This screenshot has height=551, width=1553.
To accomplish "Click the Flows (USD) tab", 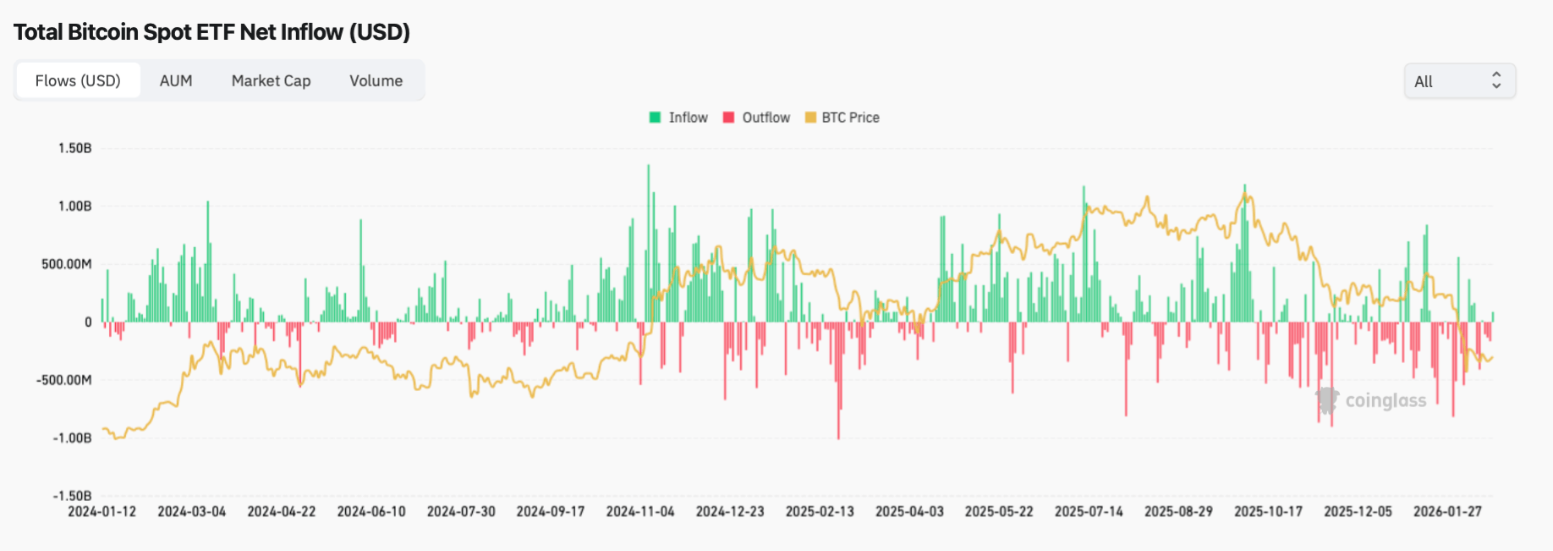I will pyautogui.click(x=78, y=81).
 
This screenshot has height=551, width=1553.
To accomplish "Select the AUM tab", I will pyautogui.click(x=176, y=81).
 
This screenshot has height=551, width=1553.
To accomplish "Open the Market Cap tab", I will pyautogui.click(x=271, y=81).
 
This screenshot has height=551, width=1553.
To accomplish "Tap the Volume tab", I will pyautogui.click(x=376, y=81).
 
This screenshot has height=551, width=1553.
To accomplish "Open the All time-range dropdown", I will pyautogui.click(x=1459, y=81).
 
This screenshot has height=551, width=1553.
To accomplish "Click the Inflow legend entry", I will pyautogui.click(x=678, y=118).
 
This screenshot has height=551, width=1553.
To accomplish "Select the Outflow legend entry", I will pyautogui.click(x=756, y=118).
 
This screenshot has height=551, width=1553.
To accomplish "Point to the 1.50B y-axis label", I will pyautogui.click(x=74, y=148).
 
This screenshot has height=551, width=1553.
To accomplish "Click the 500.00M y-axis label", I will pyautogui.click(x=67, y=264).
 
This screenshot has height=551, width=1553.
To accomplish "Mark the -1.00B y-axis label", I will pyautogui.click(x=72, y=438).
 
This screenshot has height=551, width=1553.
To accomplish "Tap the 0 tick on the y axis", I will pyautogui.click(x=88, y=322).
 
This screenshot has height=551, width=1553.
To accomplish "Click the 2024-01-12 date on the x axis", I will pyautogui.click(x=102, y=512).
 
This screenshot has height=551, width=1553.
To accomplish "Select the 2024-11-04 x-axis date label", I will pyautogui.click(x=640, y=512).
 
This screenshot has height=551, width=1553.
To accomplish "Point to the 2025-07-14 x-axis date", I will pyautogui.click(x=1089, y=512).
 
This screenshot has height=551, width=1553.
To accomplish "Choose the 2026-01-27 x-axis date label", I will pyautogui.click(x=1447, y=512).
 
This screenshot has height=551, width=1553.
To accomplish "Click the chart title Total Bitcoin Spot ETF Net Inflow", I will pyautogui.click(x=211, y=32).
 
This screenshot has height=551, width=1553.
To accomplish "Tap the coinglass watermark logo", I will pyautogui.click(x=1371, y=400).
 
